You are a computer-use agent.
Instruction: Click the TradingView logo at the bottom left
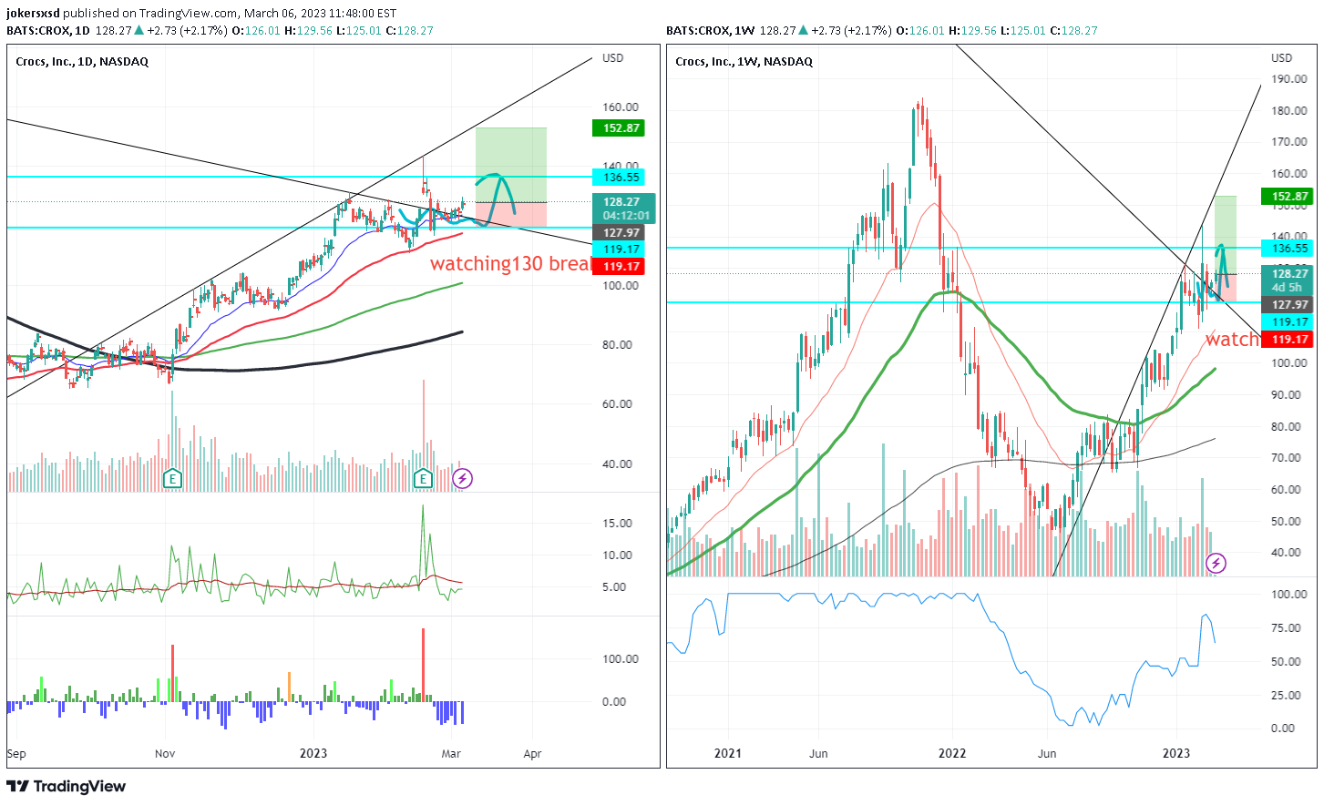[x=67, y=787]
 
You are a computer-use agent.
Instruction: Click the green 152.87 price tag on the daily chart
[x=621, y=128]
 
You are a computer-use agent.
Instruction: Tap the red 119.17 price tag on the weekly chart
[x=1288, y=340]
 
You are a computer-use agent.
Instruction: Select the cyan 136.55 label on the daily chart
[x=621, y=178]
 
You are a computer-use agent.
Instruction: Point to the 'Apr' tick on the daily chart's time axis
[x=533, y=754]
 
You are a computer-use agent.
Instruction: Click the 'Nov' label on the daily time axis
[x=165, y=754]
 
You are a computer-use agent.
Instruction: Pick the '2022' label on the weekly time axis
[x=952, y=754]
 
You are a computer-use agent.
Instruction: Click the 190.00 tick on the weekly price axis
[x=1288, y=79]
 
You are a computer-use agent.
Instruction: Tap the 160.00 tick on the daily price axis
[x=621, y=107]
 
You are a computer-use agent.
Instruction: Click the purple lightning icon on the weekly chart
[x=1216, y=564]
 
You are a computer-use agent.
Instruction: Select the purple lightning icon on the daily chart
[x=463, y=478]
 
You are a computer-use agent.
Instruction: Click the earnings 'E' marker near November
[x=171, y=478]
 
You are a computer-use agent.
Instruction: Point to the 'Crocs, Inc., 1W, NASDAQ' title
[x=744, y=62]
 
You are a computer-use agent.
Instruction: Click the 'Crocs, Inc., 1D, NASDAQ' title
[x=82, y=62]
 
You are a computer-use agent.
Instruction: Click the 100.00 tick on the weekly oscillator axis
[x=1288, y=595]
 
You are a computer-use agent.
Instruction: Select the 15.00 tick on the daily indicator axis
[x=617, y=524]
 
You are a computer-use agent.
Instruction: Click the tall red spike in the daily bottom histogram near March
[x=423, y=665]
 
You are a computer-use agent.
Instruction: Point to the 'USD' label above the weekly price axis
[x=1282, y=58]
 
